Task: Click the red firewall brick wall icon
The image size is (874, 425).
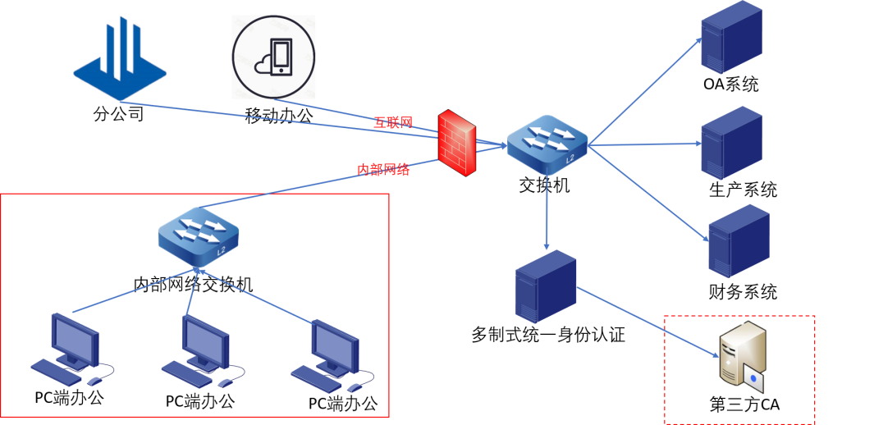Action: pos(456,142)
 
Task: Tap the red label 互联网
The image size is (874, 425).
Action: pos(393,122)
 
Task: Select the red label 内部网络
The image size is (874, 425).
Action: pos(382,170)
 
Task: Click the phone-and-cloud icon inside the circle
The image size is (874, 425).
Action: pos(274,57)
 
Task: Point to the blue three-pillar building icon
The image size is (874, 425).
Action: pos(120,61)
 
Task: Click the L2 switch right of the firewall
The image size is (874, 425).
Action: pos(547,143)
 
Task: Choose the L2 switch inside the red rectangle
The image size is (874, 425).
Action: pos(198,235)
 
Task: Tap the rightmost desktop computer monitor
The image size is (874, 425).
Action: pos(335,345)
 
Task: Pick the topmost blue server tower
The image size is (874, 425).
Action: pos(731,37)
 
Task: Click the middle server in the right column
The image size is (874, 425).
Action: pos(731,143)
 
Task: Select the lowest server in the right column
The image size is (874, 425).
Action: pos(739,240)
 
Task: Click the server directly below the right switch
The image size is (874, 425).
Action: pos(546,286)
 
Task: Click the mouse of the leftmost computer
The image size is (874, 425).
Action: pos(96,381)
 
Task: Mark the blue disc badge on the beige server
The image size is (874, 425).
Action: pos(753,378)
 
